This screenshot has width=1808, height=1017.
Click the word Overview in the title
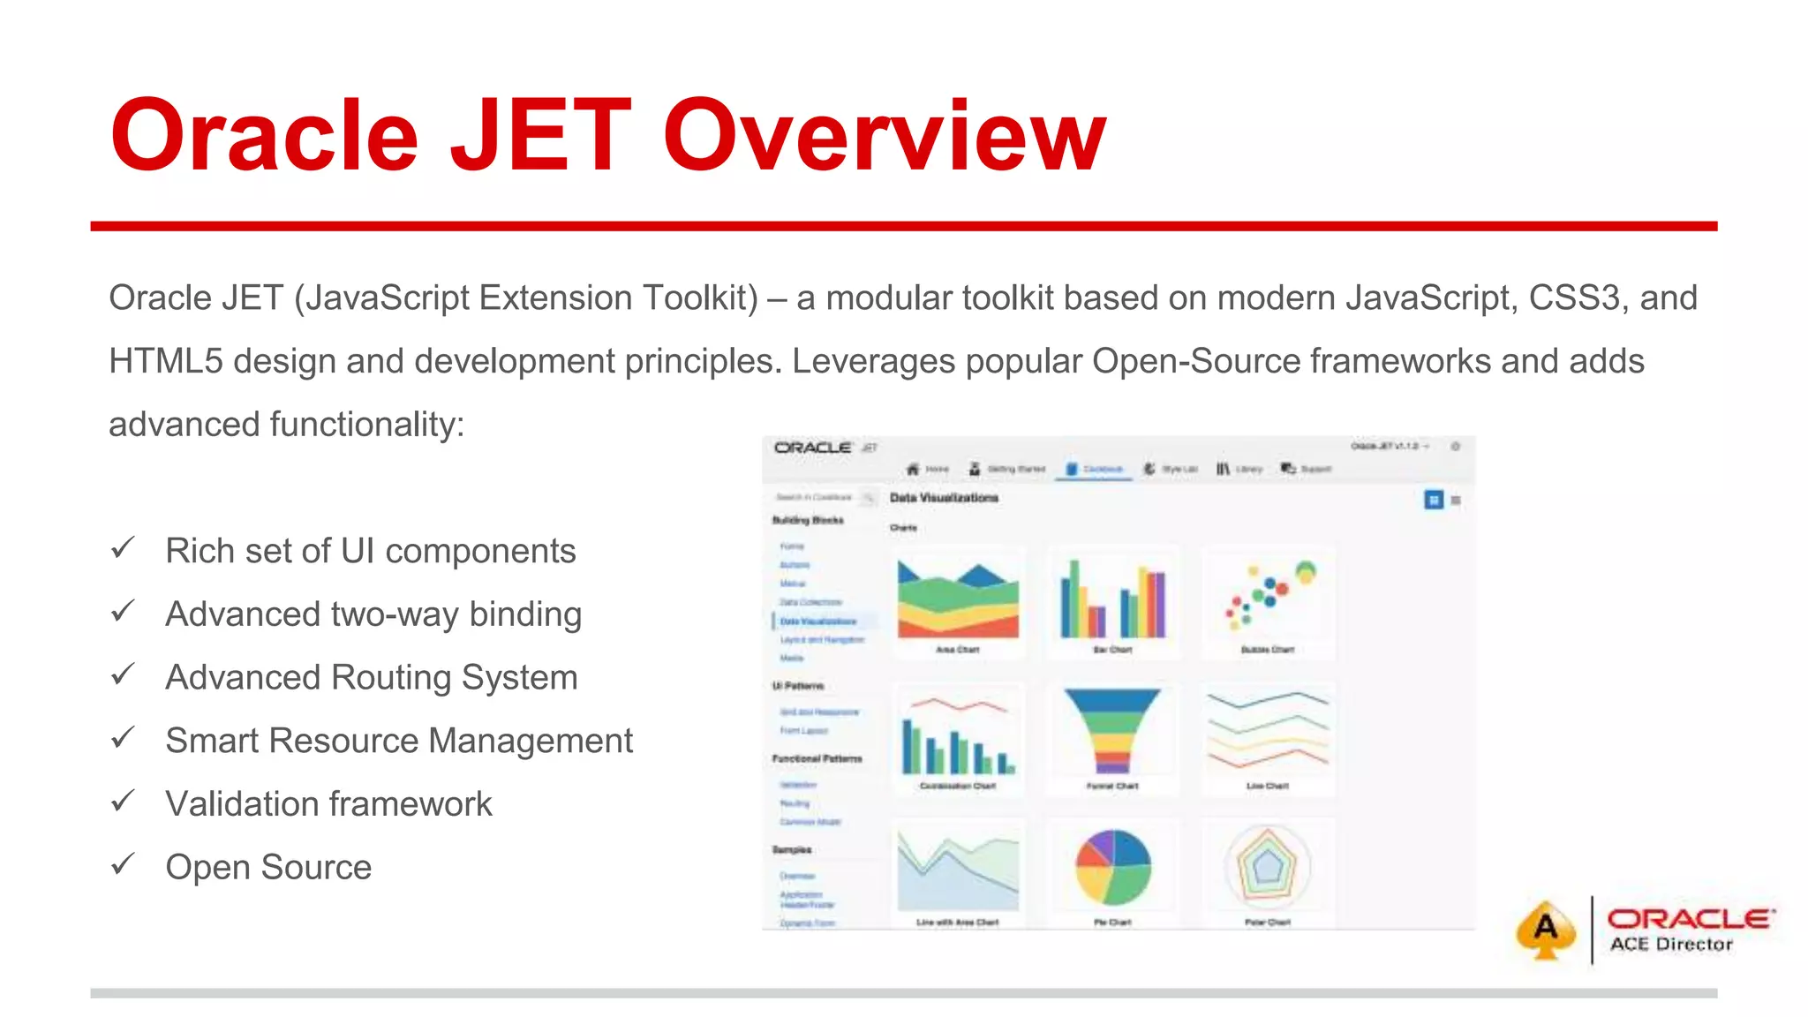click(885, 137)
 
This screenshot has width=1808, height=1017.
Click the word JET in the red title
click(540, 137)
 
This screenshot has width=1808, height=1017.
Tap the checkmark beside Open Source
click(123, 864)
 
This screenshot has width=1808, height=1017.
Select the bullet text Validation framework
click(328, 804)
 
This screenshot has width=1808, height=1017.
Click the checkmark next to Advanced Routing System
click(123, 675)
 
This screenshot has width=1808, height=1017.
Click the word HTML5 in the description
click(165, 361)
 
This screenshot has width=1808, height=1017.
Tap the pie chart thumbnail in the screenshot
click(1112, 867)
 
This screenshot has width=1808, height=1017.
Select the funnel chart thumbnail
click(1112, 731)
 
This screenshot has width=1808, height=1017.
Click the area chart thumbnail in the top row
click(958, 600)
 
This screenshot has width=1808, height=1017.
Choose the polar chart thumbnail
click(1268, 867)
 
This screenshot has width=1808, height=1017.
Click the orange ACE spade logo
click(1545, 929)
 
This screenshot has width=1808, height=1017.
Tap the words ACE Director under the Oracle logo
click(1670, 945)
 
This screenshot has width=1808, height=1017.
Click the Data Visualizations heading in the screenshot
click(944, 498)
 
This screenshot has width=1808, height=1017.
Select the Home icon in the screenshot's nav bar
click(914, 469)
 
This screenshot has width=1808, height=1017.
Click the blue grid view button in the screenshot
click(1433, 500)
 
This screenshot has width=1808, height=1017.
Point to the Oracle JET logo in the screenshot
click(825, 448)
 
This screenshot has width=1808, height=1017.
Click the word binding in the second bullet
click(525, 614)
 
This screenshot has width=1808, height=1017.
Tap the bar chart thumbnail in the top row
click(1112, 600)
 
